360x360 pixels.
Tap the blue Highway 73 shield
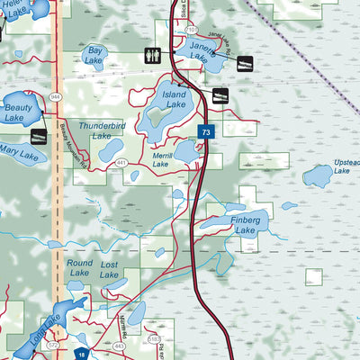(x=207, y=132)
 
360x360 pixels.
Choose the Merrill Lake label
(x=160, y=160)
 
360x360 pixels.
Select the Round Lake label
(x=79, y=269)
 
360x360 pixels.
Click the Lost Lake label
(x=110, y=270)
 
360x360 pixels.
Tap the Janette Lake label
(x=203, y=51)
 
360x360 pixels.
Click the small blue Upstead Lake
(x=317, y=175)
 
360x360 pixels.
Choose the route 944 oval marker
(x=55, y=96)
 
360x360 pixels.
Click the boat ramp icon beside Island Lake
(x=220, y=95)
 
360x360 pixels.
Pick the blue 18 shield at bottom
(x=81, y=355)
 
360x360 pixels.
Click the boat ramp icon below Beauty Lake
(x=39, y=136)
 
